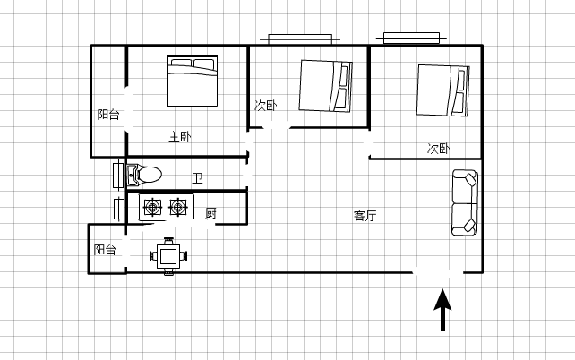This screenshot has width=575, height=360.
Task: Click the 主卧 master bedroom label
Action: pyautogui.click(x=180, y=137)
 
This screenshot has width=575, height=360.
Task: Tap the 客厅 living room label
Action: pyautogui.click(x=365, y=216)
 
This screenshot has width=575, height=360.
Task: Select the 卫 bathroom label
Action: pyautogui.click(x=197, y=178)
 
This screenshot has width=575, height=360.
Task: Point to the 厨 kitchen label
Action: pyautogui.click(x=210, y=213)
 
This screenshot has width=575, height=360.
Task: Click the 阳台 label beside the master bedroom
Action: pyautogui.click(x=108, y=115)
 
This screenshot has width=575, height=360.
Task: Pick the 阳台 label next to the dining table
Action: pyautogui.click(x=105, y=250)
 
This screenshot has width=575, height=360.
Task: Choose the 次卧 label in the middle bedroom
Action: pyautogui.click(x=266, y=106)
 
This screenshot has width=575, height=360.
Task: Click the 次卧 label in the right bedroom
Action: pyautogui.click(x=438, y=149)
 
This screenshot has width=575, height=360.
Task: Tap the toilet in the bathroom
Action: pyautogui.click(x=144, y=175)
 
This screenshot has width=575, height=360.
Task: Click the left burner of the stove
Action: pyautogui.click(x=152, y=208)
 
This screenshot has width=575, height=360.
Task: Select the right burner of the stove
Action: pyautogui.click(x=178, y=208)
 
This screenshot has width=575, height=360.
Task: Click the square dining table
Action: pyautogui.click(x=168, y=256)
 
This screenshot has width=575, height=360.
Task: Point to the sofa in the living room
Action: pyautogui.click(x=465, y=202)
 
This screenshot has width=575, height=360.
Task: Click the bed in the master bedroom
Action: pyautogui.click(x=193, y=81)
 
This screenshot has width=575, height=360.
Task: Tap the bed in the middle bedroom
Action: pyautogui.click(x=325, y=86)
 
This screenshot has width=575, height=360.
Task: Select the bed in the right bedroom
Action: pyautogui.click(x=442, y=90)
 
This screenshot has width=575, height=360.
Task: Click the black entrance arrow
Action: pyautogui.click(x=442, y=310)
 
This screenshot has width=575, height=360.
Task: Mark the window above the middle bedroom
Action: pyautogui.click(x=300, y=39)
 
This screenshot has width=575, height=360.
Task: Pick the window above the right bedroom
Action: pyautogui.click(x=411, y=38)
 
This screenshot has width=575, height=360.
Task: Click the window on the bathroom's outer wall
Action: pyautogui.click(x=118, y=176)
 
